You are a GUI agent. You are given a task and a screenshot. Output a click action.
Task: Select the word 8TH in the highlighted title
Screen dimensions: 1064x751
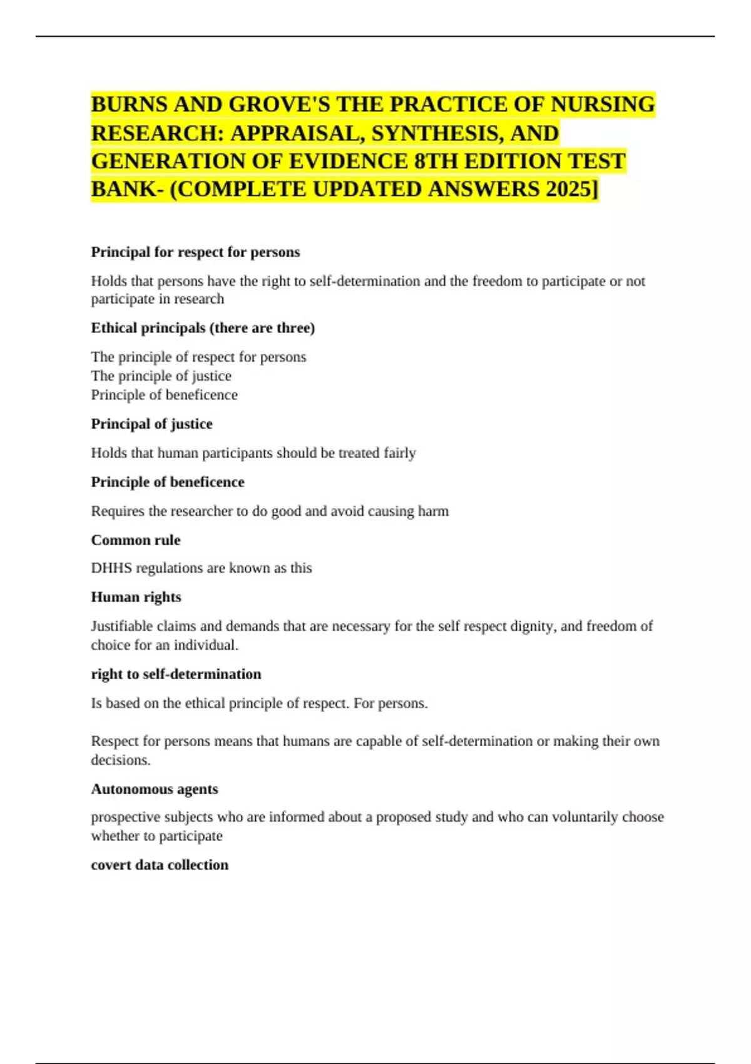436,161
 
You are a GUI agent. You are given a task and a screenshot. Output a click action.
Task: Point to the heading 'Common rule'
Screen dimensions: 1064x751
136,540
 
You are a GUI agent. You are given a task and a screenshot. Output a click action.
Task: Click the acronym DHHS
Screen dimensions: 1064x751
111,568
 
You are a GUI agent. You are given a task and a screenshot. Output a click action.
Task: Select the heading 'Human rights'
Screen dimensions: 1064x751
136,597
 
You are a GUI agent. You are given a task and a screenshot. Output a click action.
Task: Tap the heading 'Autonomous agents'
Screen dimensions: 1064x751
155,789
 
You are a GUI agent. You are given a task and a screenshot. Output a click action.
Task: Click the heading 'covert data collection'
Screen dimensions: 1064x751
160,865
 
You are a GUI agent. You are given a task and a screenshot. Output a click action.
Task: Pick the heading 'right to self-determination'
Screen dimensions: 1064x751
176,674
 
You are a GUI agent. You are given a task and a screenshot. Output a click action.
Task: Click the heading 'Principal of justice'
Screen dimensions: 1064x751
152,424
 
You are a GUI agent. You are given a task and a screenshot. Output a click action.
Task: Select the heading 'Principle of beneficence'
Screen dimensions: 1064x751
168,482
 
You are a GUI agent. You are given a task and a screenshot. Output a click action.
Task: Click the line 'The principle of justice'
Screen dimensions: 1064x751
161,376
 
